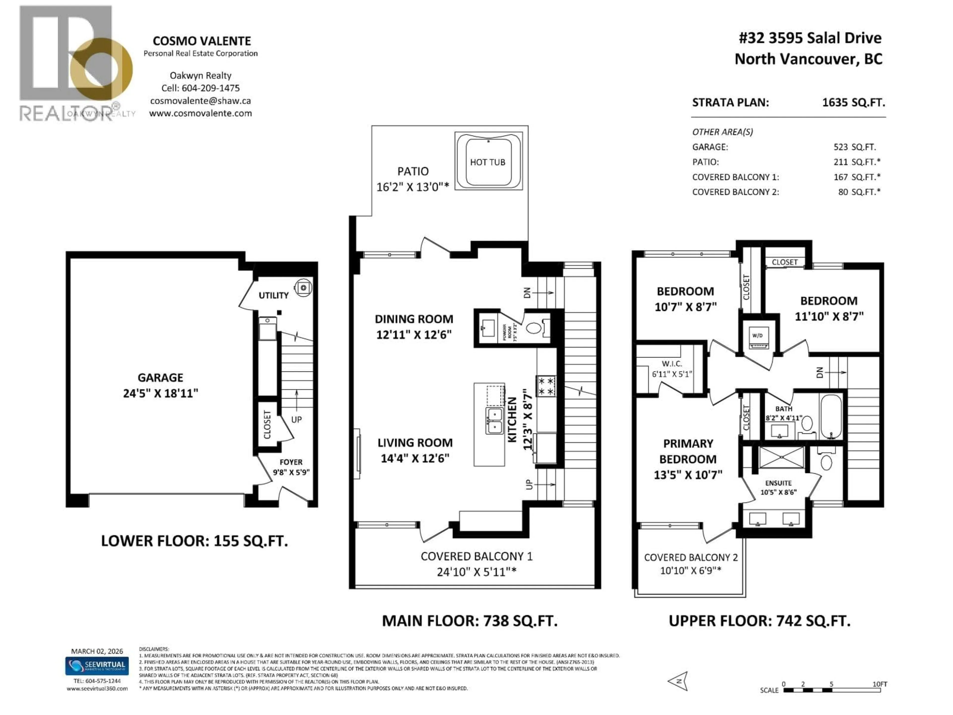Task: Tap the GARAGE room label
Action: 160,378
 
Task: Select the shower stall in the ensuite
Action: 781,457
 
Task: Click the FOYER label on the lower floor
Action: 291,462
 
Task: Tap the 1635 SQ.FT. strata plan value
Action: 853,103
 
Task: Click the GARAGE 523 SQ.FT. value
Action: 854,147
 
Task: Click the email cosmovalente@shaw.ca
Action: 200,101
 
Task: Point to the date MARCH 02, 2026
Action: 97,651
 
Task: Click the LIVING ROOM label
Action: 415,443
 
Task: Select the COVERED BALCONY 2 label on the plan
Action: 691,557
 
